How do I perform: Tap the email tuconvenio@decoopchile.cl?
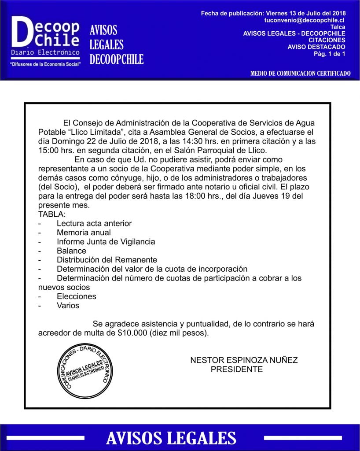(304, 20)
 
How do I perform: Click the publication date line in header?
(273, 13)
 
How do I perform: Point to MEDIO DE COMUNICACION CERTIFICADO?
(300, 73)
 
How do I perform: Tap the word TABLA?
(52, 214)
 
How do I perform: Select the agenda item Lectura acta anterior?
(94, 223)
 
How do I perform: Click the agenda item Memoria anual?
(84, 233)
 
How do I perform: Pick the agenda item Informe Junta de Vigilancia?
(106, 242)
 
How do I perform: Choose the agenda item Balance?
(71, 251)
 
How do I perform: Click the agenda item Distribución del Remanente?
(107, 260)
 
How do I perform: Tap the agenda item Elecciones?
(76, 296)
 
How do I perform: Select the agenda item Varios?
(68, 305)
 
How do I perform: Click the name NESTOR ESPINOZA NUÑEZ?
(244, 360)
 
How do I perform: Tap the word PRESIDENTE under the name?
(236, 369)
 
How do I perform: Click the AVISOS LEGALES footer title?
(171, 438)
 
